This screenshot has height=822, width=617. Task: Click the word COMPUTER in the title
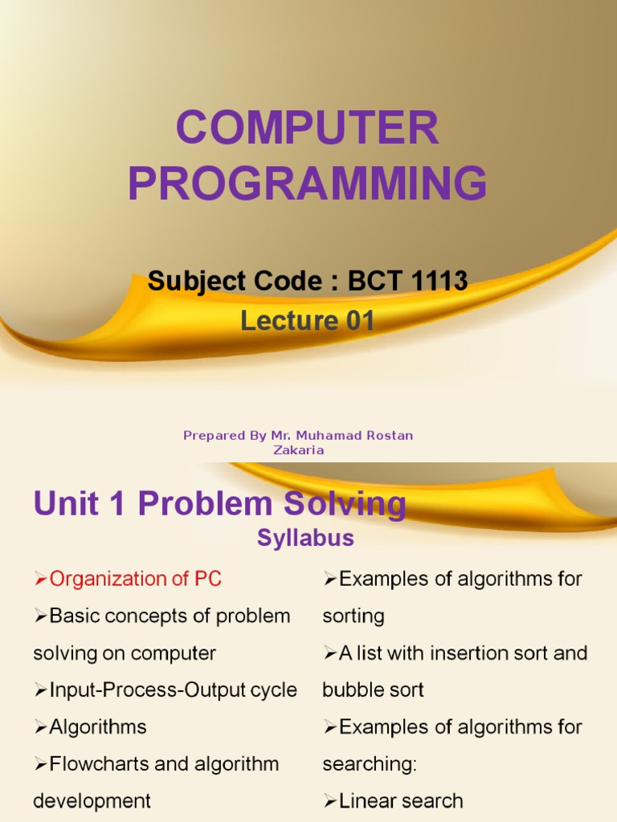pyautogui.click(x=308, y=128)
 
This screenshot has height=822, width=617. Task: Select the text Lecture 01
pyautogui.click(x=308, y=321)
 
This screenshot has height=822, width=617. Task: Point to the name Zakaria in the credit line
pyautogui.click(x=298, y=450)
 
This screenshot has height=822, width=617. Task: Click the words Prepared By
pyautogui.click(x=214, y=435)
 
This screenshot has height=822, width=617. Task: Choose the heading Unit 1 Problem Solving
pyautogui.click(x=219, y=504)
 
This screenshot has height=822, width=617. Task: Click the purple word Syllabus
pyautogui.click(x=305, y=538)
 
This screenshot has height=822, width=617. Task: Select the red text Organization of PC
pyautogui.click(x=135, y=579)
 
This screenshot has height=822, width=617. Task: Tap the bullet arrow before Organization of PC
pyautogui.click(x=41, y=580)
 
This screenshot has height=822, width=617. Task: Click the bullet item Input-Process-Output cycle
pyautogui.click(x=173, y=690)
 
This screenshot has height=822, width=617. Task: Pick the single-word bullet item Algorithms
pyautogui.click(x=97, y=727)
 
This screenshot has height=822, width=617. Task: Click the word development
pyautogui.click(x=92, y=801)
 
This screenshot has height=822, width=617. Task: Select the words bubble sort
pyautogui.click(x=373, y=690)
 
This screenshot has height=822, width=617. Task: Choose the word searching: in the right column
pyautogui.click(x=370, y=764)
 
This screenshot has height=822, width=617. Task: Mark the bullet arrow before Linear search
pyautogui.click(x=330, y=802)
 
